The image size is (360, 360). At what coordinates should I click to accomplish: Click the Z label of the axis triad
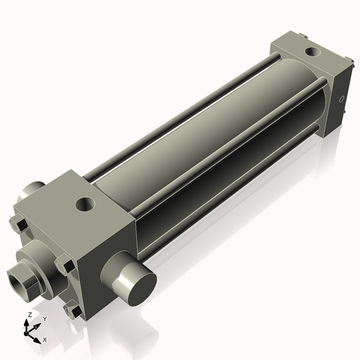point(29,315)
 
